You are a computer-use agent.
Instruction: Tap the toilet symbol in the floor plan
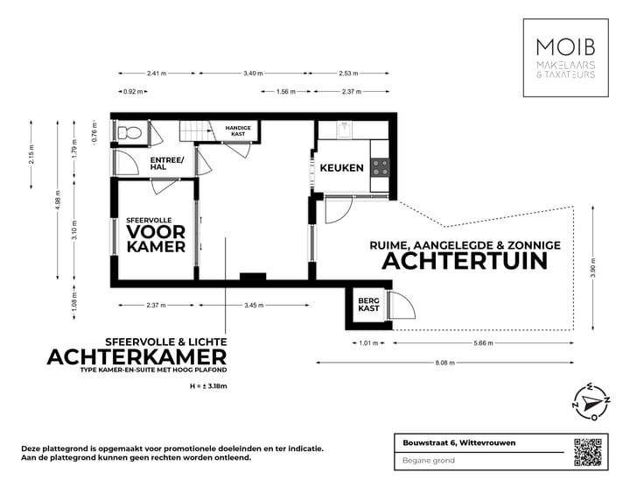point(129,132)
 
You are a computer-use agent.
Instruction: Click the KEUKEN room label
point(341,167)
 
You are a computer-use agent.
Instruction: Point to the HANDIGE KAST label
point(238,131)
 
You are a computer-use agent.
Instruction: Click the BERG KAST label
point(368,304)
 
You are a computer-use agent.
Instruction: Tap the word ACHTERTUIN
point(465,261)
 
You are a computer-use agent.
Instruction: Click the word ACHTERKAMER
point(136,356)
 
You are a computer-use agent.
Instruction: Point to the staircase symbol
point(195,130)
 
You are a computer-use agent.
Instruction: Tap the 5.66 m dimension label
point(481,343)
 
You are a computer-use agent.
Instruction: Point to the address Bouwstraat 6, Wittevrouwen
point(454,442)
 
